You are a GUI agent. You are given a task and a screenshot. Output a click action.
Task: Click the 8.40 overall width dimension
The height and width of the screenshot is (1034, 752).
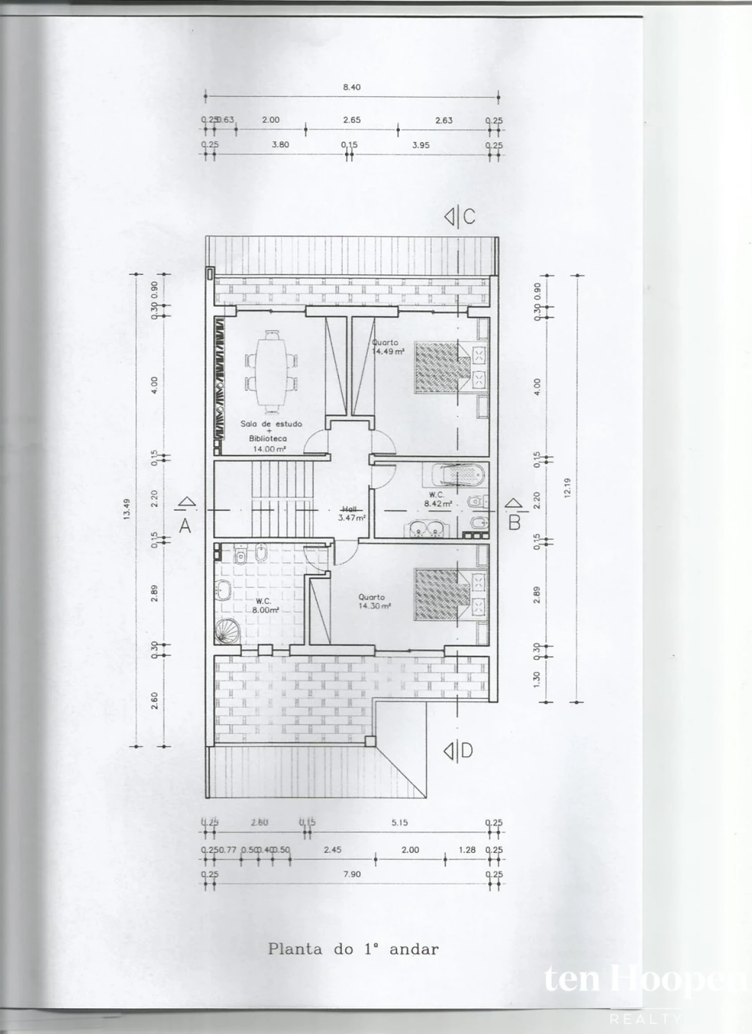click(x=351, y=88)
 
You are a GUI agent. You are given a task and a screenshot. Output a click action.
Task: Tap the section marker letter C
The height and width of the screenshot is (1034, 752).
click(x=469, y=217)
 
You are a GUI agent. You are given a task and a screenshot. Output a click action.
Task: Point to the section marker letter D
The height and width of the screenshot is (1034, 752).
click(x=467, y=751)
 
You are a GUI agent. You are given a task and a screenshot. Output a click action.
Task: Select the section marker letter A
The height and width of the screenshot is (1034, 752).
click(x=185, y=526)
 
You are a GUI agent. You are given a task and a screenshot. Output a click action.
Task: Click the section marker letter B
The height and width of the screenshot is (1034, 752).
click(x=515, y=522)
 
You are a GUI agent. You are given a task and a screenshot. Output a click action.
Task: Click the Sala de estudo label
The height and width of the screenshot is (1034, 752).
click(x=271, y=424)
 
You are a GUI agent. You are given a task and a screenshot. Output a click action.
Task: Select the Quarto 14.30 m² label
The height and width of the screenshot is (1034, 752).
click(x=374, y=602)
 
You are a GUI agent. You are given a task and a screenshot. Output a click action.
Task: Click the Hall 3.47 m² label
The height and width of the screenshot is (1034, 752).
click(x=351, y=514)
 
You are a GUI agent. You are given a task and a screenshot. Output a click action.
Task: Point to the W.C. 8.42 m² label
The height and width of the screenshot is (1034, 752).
click(x=438, y=499)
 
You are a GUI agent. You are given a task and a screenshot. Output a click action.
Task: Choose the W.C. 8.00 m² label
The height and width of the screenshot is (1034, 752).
click(x=264, y=606)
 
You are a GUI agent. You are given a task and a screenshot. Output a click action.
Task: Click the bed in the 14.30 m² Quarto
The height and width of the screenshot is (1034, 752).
click(x=444, y=594)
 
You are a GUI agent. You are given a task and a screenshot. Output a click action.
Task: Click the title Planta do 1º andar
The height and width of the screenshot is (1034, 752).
click(x=353, y=949)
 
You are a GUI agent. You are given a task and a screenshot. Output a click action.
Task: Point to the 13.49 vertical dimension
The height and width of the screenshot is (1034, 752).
click(x=127, y=509)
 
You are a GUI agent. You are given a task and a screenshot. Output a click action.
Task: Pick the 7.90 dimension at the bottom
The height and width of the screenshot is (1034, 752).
click(x=351, y=874)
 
